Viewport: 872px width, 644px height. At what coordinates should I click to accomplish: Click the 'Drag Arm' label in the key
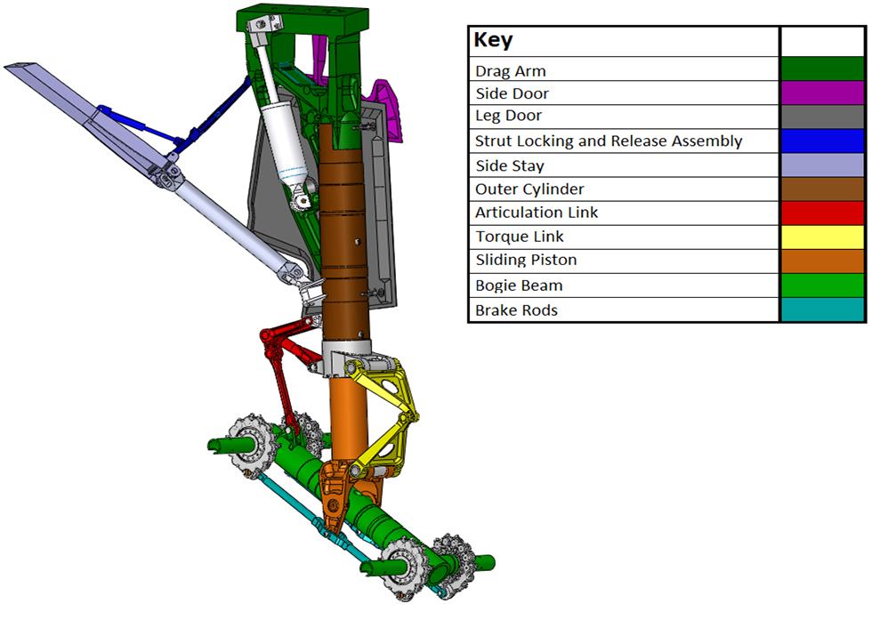(510, 71)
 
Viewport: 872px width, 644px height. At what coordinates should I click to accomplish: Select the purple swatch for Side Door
(822, 93)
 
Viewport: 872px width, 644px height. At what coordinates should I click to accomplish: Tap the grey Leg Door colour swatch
(822, 117)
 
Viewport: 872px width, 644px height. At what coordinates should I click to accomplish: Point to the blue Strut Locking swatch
(822, 141)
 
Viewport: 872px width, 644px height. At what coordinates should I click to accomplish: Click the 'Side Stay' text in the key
(509, 165)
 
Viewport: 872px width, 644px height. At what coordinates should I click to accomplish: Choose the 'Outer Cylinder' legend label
(529, 189)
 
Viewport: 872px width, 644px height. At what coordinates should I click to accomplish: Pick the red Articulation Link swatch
(822, 213)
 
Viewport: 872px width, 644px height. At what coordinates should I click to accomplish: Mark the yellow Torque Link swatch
(822, 237)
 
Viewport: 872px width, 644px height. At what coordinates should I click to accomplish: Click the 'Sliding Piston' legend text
(526, 261)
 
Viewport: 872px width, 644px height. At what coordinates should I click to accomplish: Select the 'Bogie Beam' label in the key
(519, 286)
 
